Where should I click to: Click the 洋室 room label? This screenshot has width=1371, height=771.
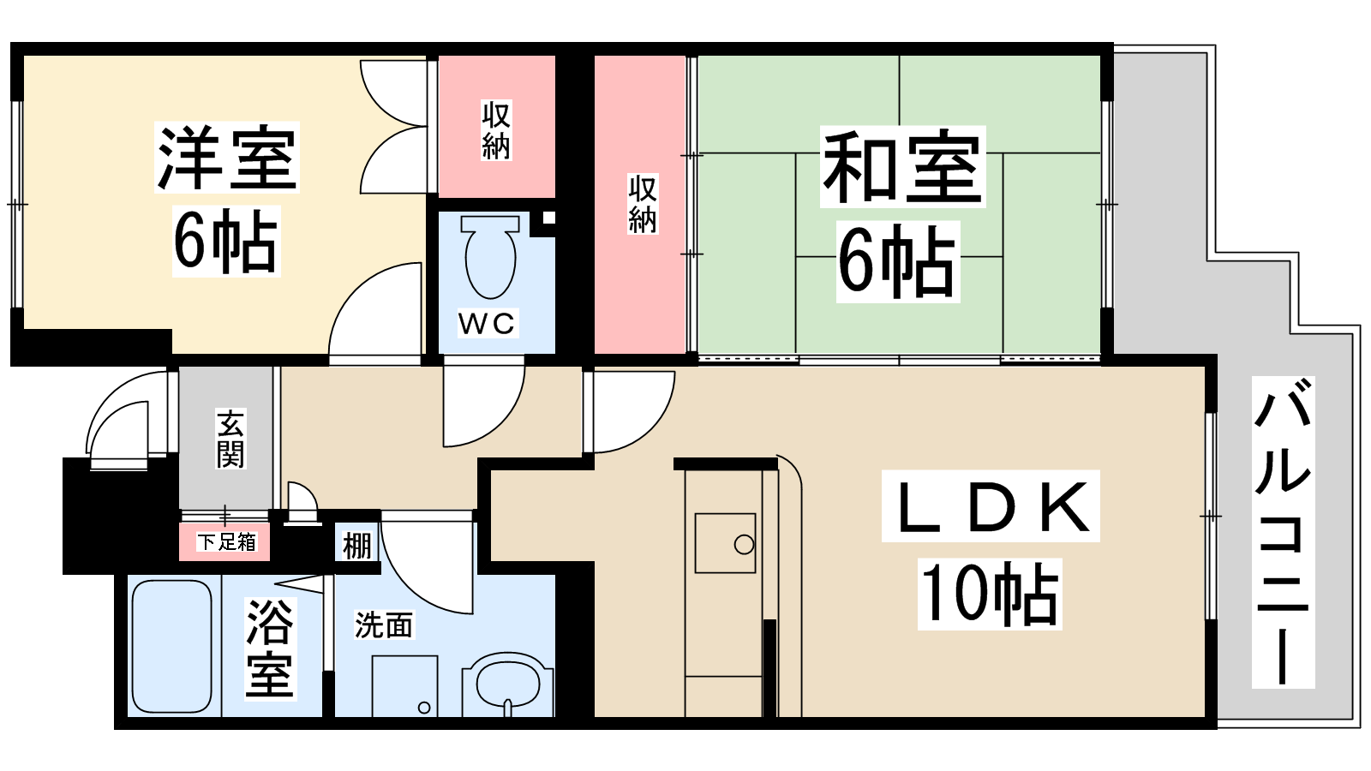[x=227, y=158]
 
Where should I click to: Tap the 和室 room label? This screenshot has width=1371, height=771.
[x=903, y=166]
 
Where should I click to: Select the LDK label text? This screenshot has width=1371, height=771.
[x=991, y=506]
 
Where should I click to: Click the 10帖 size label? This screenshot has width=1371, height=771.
[x=990, y=595]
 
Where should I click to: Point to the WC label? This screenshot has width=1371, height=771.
[x=488, y=323]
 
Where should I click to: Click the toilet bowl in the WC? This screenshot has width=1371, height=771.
[x=489, y=257]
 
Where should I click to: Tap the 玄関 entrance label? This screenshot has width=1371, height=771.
[x=230, y=439]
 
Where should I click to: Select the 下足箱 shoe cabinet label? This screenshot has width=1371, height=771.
[x=226, y=542]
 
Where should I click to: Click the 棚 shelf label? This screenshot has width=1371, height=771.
[x=356, y=545]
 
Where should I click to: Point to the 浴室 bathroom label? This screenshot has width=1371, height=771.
[x=270, y=648]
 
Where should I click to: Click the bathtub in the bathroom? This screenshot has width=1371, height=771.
[x=172, y=646]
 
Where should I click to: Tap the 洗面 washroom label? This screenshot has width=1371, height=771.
[x=384, y=625]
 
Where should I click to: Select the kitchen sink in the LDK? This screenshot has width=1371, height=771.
[x=725, y=543]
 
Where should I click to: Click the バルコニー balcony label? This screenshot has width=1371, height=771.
[x=1283, y=531]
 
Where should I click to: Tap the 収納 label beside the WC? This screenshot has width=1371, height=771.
[x=496, y=130]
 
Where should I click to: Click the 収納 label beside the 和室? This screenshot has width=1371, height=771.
[x=642, y=204]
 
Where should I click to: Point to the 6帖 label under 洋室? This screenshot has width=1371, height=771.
[x=226, y=241]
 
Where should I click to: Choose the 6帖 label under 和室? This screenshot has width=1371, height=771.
[x=897, y=262]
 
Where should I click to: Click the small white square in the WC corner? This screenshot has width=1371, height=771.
[x=549, y=218]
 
